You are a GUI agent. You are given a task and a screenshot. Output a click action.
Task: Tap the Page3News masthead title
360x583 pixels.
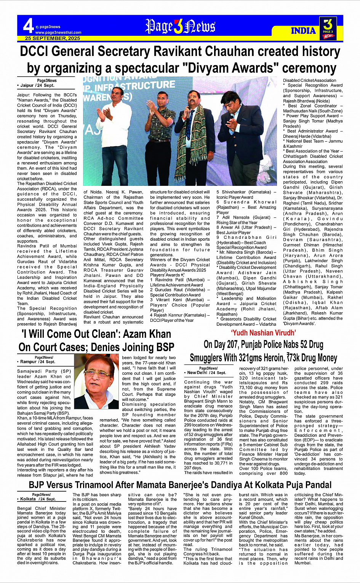point(180,26)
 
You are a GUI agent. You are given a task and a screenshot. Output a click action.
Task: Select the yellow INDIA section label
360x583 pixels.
point(303,30)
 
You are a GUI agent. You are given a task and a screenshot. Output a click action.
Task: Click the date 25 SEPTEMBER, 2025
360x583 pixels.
point(53,38)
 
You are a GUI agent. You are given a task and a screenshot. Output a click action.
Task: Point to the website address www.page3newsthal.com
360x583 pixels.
point(58,32)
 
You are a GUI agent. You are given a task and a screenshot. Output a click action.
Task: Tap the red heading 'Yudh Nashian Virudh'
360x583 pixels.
point(263,333)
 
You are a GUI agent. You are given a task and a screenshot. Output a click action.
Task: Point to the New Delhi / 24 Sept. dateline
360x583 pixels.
point(206,372)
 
